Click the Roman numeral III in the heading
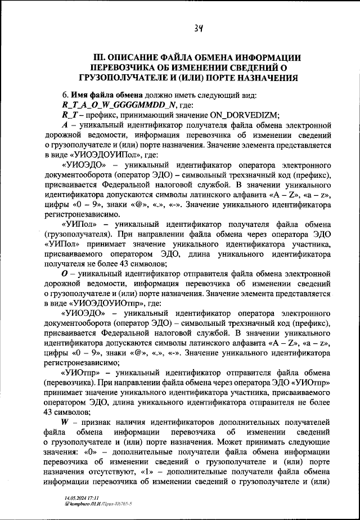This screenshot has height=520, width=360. click(99, 57)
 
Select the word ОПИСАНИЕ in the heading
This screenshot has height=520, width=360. click(140, 57)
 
